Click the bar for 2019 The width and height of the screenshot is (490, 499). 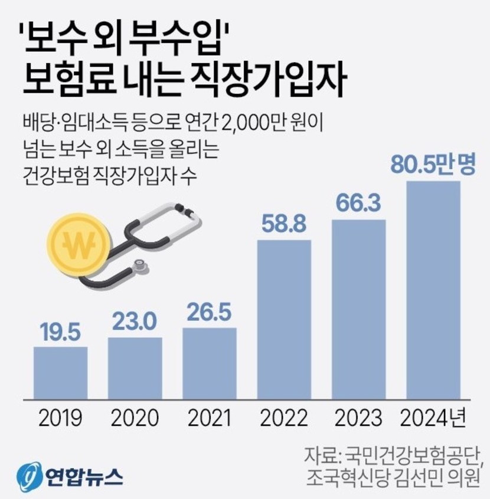tap(60, 373)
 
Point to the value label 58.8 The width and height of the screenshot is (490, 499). tap(284, 225)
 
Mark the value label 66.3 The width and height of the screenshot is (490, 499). tap(359, 204)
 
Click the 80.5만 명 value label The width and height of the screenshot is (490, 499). tap(433, 165)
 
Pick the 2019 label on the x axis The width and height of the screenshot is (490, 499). tap(60, 418)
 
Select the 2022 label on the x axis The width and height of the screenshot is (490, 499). tap(284, 418)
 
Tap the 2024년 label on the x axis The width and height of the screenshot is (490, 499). tap(433, 418)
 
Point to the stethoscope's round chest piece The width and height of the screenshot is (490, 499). tap(140, 267)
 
